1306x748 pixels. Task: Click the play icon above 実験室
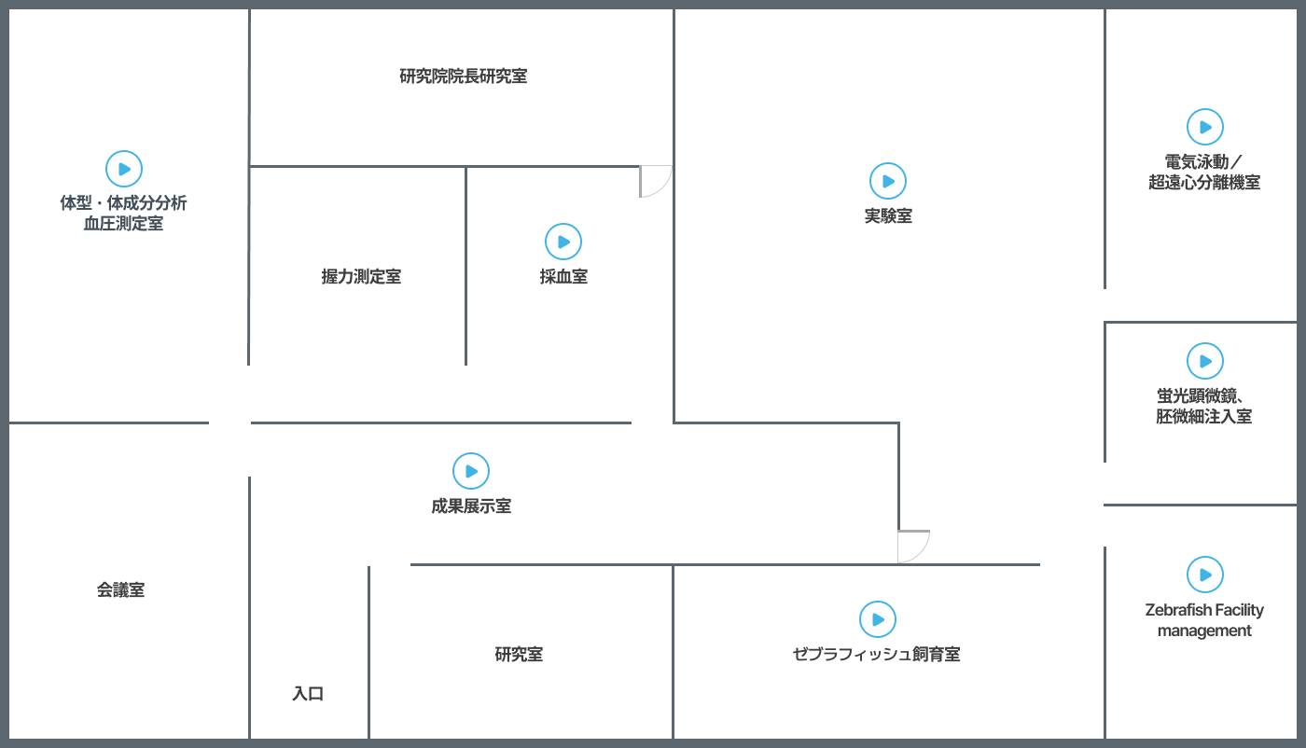888,181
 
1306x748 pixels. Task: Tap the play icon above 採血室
563,242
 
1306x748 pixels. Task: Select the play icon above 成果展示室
471,471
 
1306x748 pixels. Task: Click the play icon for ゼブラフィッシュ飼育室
877,619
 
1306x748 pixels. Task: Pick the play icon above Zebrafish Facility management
1205,575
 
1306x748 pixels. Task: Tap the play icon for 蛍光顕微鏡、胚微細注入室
1205,361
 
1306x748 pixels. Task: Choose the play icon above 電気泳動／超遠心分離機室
1205,127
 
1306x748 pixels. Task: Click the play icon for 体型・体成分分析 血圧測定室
124,169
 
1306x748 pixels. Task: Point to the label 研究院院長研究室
464,76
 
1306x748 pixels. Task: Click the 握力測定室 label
361,277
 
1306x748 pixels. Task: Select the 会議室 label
121,589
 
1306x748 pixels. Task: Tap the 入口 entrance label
308,694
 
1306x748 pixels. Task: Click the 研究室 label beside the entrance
519,655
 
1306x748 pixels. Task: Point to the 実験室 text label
888,216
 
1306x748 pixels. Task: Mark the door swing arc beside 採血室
655,181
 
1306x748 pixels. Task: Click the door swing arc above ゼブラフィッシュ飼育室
913,546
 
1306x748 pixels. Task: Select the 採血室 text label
563,277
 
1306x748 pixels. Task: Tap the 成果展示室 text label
471,506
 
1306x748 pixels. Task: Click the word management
1204,631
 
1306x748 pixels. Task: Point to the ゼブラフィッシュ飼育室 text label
877,655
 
